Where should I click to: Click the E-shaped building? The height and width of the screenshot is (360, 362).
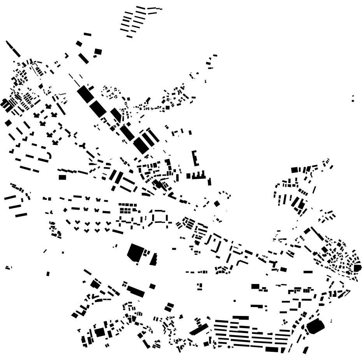[x=194, y=158]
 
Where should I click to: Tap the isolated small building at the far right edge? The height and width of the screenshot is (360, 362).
[x=353, y=98]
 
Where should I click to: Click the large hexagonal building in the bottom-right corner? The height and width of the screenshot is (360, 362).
[x=315, y=326]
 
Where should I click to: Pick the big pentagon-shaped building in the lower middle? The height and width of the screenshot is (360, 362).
[x=135, y=252]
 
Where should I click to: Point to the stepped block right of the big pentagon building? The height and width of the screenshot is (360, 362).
[x=154, y=259]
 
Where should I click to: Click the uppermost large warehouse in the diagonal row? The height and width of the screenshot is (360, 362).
[x=85, y=94]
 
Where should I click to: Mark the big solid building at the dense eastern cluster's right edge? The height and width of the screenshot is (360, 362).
[x=357, y=268]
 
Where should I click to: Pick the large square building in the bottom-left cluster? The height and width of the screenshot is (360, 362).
[x=100, y=332]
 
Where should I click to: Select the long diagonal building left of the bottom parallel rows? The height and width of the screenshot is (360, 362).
[x=199, y=330]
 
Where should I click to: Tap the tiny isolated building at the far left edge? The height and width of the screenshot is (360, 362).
[x=8, y=268]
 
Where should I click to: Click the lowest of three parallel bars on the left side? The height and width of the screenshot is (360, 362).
[x=21, y=215]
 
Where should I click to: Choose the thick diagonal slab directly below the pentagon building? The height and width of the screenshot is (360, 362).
[x=135, y=291]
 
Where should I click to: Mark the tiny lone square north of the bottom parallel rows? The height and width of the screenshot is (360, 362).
[x=234, y=300]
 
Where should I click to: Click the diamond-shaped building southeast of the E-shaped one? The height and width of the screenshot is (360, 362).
[x=217, y=203]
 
